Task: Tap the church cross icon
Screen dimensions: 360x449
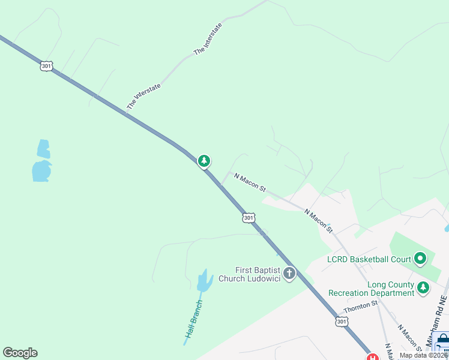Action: point(289,274)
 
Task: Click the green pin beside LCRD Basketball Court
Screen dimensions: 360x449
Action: point(420,259)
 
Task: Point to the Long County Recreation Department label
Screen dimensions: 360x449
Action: point(371,289)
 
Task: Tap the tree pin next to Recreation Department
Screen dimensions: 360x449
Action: point(424,289)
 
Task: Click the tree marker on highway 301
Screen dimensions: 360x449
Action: point(204,161)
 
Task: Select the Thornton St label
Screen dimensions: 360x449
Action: point(361,307)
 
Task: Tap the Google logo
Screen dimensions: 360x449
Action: point(20,353)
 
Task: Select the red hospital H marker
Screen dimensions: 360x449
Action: point(374,358)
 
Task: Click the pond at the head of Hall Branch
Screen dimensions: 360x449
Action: point(204,281)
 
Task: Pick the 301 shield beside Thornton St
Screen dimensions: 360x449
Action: point(342,322)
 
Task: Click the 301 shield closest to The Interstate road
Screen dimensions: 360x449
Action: point(46,66)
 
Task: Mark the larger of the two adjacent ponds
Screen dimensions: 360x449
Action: point(41,170)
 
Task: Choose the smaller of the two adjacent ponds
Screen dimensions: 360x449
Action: point(43,148)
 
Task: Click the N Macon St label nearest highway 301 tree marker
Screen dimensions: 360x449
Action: point(250,182)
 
